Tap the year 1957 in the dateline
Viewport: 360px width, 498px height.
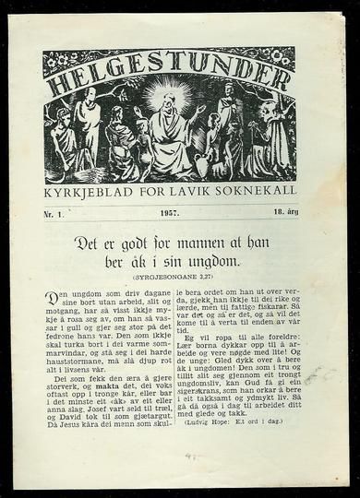(x=169, y=213)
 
